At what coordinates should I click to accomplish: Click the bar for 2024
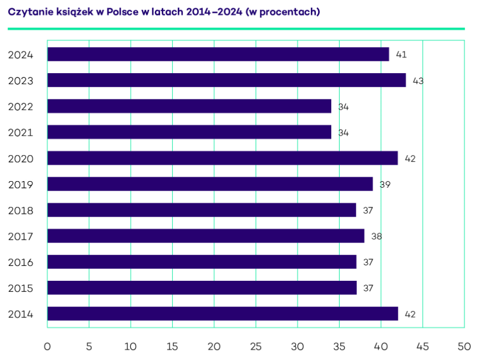[218, 54]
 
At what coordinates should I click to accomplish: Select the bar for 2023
[226, 80]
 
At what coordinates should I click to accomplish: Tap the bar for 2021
[189, 132]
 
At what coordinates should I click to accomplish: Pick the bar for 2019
[210, 184]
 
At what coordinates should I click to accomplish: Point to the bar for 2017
[206, 236]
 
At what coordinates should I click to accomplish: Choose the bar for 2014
[222, 313]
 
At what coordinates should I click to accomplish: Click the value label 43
[418, 81]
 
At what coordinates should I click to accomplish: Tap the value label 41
[402, 55]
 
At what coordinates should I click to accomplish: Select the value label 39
[385, 184]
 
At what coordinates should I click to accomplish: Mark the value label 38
[377, 236]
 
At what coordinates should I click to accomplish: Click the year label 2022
[20, 107]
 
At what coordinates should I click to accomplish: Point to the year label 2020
[20, 159]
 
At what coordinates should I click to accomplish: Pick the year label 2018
[20, 210]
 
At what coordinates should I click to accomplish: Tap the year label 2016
[20, 263]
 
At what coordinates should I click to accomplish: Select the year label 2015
[20, 289]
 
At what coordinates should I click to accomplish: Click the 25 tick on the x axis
[256, 347]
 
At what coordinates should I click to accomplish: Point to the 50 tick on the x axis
[464, 347]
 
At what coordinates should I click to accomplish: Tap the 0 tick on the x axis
[47, 347]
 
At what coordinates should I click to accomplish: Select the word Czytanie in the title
[27, 12]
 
